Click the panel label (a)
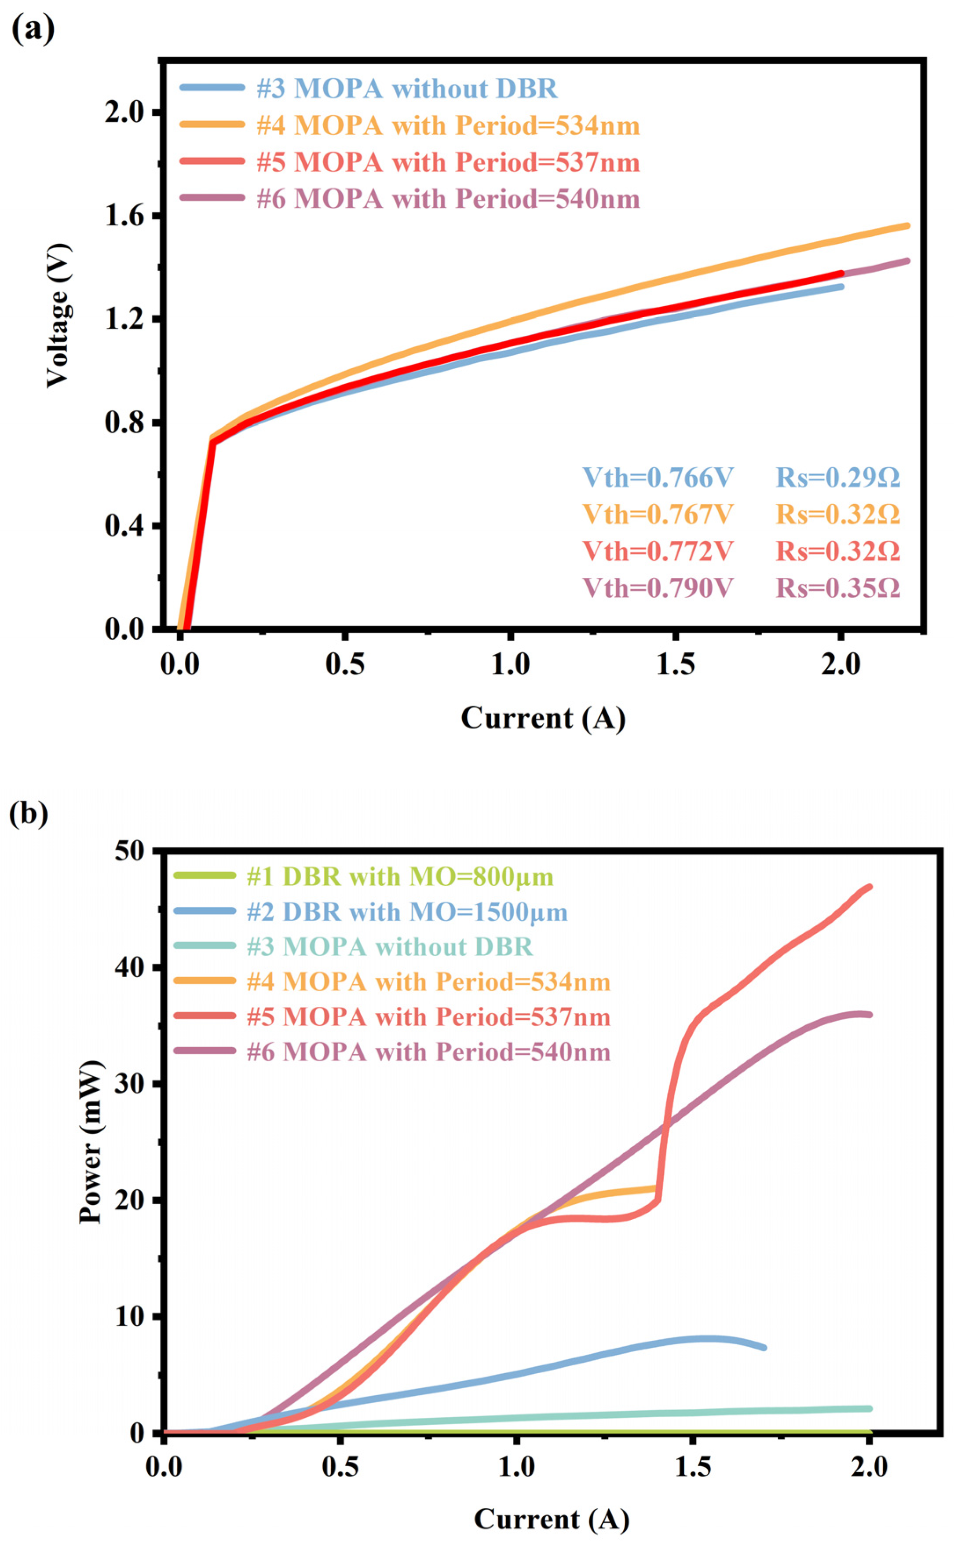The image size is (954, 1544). pos(33,29)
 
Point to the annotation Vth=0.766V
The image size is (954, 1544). pos(658,478)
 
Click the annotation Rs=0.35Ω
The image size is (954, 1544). pos(837,588)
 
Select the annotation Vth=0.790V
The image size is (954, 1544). pos(658,588)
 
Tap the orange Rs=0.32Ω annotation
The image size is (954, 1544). pos(837,514)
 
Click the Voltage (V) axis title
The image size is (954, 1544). pos(58,315)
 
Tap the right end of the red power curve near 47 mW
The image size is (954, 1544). pos(870,887)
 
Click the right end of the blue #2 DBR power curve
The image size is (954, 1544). pos(764,1348)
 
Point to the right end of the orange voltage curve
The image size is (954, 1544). pos(907,225)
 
